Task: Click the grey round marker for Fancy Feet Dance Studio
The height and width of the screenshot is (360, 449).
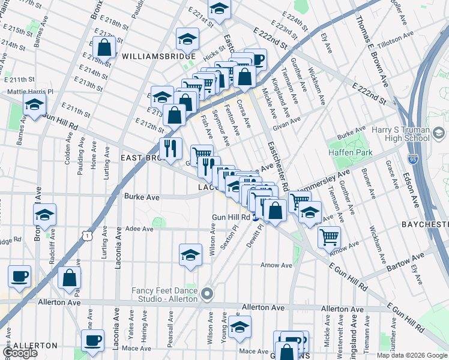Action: tap(207, 294)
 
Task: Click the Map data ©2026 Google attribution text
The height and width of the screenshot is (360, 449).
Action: tap(411, 355)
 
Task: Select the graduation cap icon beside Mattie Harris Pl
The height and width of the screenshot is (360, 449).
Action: tap(34, 104)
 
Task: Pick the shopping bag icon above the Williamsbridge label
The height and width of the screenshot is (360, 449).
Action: tap(104, 48)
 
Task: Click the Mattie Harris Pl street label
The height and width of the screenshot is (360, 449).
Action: tap(29, 92)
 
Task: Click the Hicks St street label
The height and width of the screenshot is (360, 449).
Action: tap(213, 55)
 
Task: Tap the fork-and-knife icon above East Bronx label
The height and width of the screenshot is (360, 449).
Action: tap(170, 147)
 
